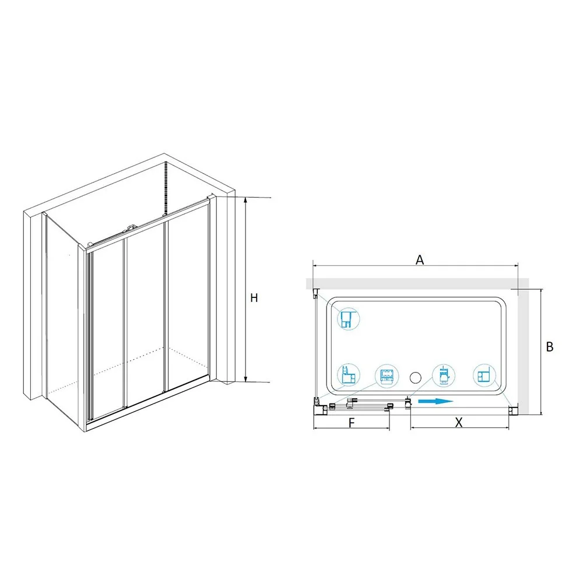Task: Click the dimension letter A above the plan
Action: point(419,259)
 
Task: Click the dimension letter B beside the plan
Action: point(550,346)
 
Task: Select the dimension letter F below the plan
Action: point(352,423)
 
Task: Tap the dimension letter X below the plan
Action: point(459,422)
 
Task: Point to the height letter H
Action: point(254,298)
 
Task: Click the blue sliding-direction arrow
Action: point(436,401)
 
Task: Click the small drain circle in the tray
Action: point(415,378)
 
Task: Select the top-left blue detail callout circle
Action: point(349,319)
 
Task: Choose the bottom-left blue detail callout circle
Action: point(349,375)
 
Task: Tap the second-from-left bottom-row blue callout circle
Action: point(387,375)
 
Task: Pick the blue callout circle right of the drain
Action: point(444,375)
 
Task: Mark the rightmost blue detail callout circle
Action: point(485,375)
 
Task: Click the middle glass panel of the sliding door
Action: point(145,315)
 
